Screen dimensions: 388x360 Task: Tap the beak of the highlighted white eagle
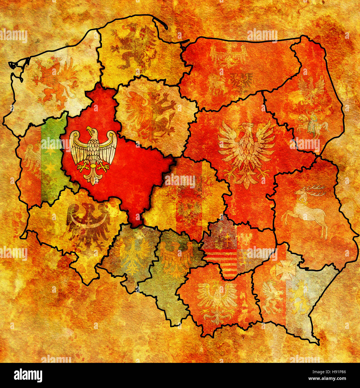[x=89, y=130]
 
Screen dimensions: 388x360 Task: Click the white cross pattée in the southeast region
[x=285, y=270]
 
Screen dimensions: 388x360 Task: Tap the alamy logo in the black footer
[x=28, y=375]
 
